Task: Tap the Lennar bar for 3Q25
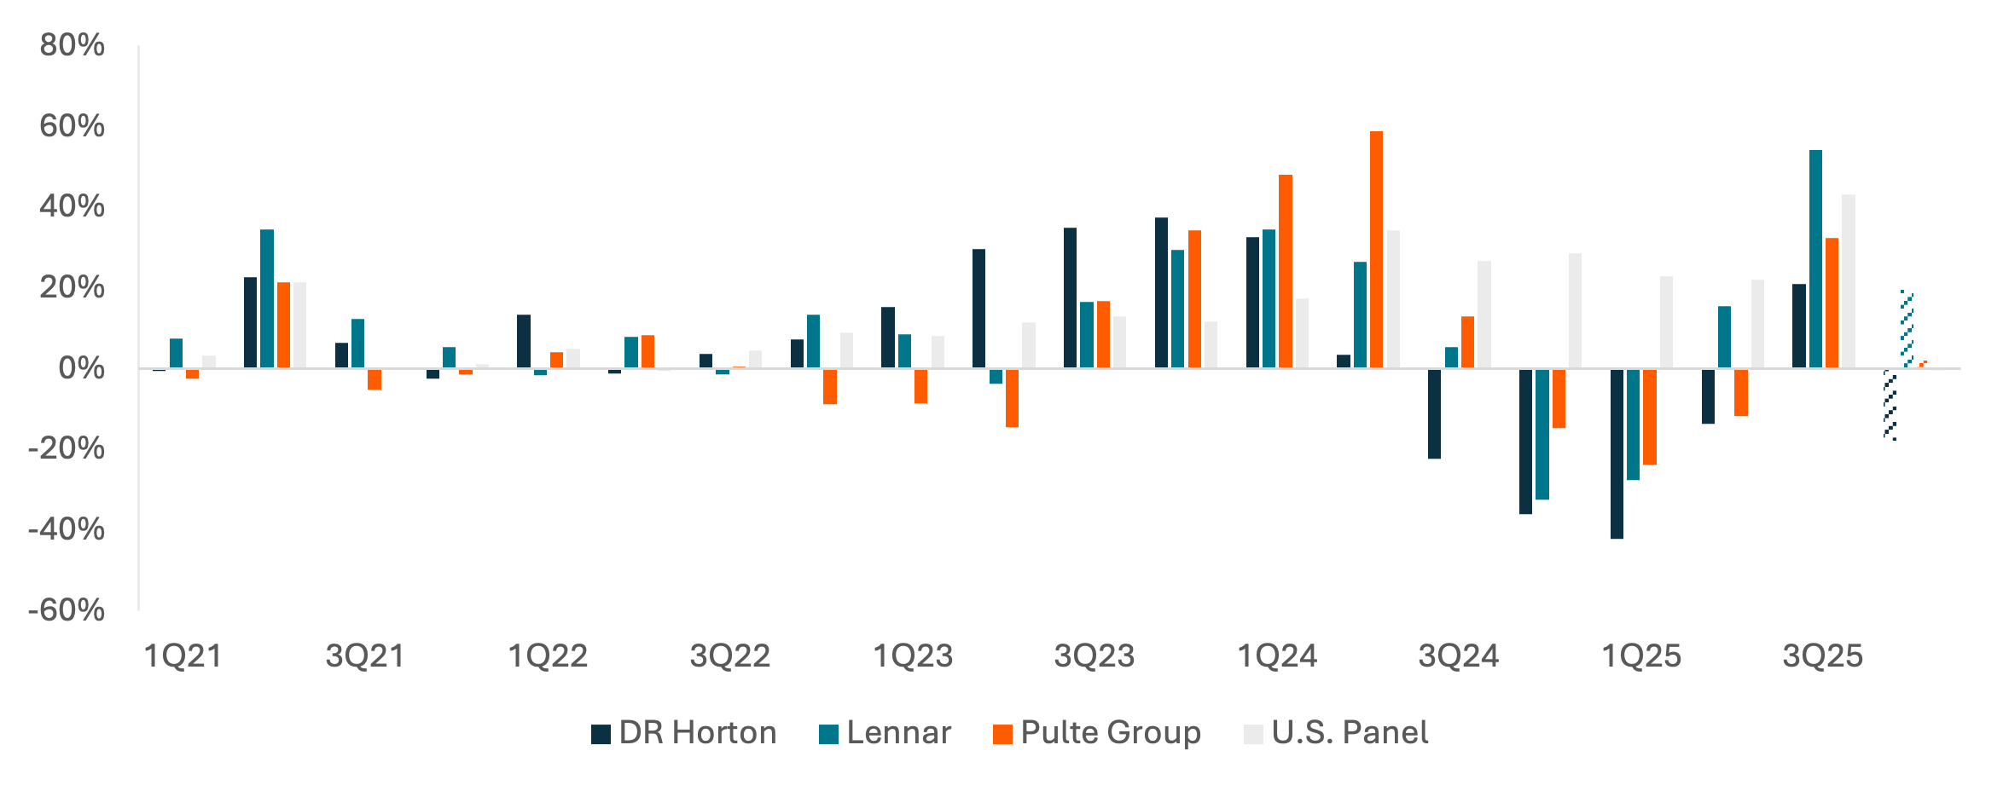point(1815,259)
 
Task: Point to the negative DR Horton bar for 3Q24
point(1434,414)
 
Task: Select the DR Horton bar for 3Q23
point(1070,297)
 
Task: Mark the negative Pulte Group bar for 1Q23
point(920,386)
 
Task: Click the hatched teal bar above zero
point(1907,329)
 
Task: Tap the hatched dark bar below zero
point(1890,404)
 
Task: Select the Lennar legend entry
point(885,733)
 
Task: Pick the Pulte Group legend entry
point(1097,733)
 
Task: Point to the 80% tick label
point(73,45)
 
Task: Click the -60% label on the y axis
point(67,610)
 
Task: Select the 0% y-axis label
point(82,368)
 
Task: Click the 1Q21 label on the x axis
point(183,656)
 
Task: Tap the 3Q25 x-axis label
point(1823,656)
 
